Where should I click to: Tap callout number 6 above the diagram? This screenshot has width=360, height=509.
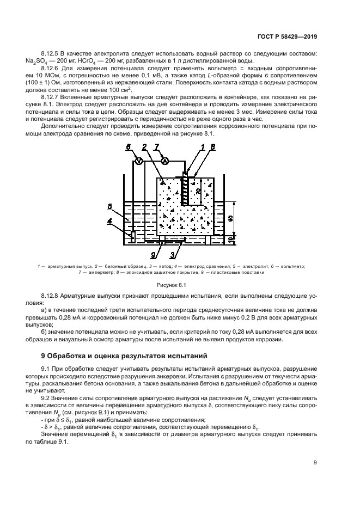click(129, 147)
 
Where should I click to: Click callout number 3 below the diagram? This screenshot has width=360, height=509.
click(172, 254)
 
